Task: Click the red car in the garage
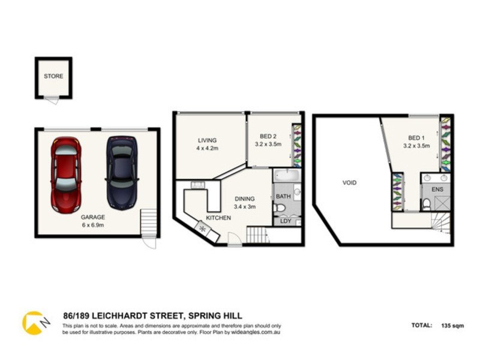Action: point(66,174)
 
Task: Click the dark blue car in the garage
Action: point(122,173)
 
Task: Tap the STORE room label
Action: point(53,76)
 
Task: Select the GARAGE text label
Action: point(93,217)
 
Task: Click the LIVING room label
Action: point(207,141)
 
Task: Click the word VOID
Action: point(349,182)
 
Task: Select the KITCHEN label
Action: point(218,218)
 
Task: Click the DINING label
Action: point(245,199)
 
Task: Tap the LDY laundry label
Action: point(286,221)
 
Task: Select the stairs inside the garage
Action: point(148,223)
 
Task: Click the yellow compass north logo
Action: point(34,322)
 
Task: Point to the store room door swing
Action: point(52,100)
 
